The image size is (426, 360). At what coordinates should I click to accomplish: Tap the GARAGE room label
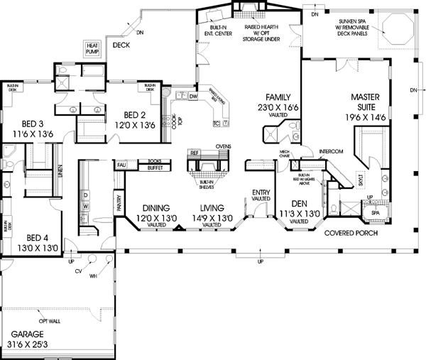point(26,334)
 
